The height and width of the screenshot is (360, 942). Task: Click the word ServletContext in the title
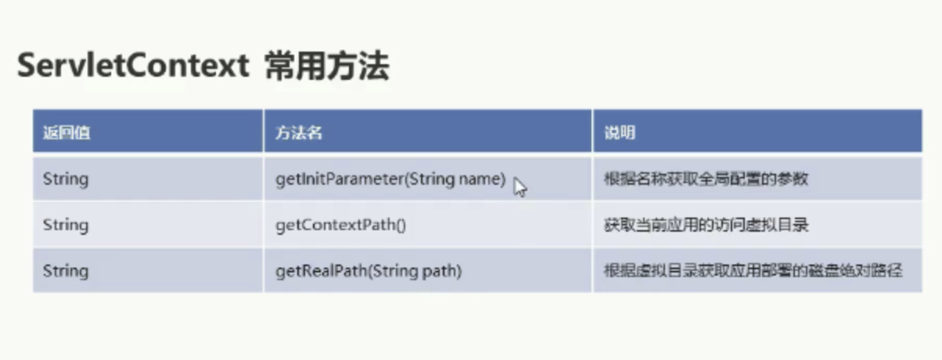pos(133,65)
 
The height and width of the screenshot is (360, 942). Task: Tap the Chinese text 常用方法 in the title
pos(327,66)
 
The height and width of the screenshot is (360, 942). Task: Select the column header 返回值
pos(67,132)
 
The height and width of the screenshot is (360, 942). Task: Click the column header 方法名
pos(299,132)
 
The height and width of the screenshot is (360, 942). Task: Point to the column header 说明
pos(620,132)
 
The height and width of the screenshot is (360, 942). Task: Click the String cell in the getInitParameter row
pos(66,179)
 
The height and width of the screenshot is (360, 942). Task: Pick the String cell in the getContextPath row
pos(66,225)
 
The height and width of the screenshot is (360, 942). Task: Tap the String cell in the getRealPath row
pos(66,271)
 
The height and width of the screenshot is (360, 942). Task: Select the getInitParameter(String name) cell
pos(390,179)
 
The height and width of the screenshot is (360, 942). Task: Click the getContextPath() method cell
pos(340,225)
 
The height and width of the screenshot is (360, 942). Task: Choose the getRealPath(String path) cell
pos(369,271)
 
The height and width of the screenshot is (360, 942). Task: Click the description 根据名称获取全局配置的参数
pos(706,178)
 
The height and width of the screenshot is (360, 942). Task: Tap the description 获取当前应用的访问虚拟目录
pos(706,225)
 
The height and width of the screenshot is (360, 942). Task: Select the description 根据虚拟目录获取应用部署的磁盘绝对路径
pos(753,271)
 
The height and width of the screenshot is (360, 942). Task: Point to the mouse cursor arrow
pos(520,187)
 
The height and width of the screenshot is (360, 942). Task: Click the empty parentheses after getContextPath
pos(401,225)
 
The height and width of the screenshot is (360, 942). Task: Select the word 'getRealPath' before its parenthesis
pos(322,271)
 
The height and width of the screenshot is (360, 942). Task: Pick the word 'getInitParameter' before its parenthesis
pos(340,179)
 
